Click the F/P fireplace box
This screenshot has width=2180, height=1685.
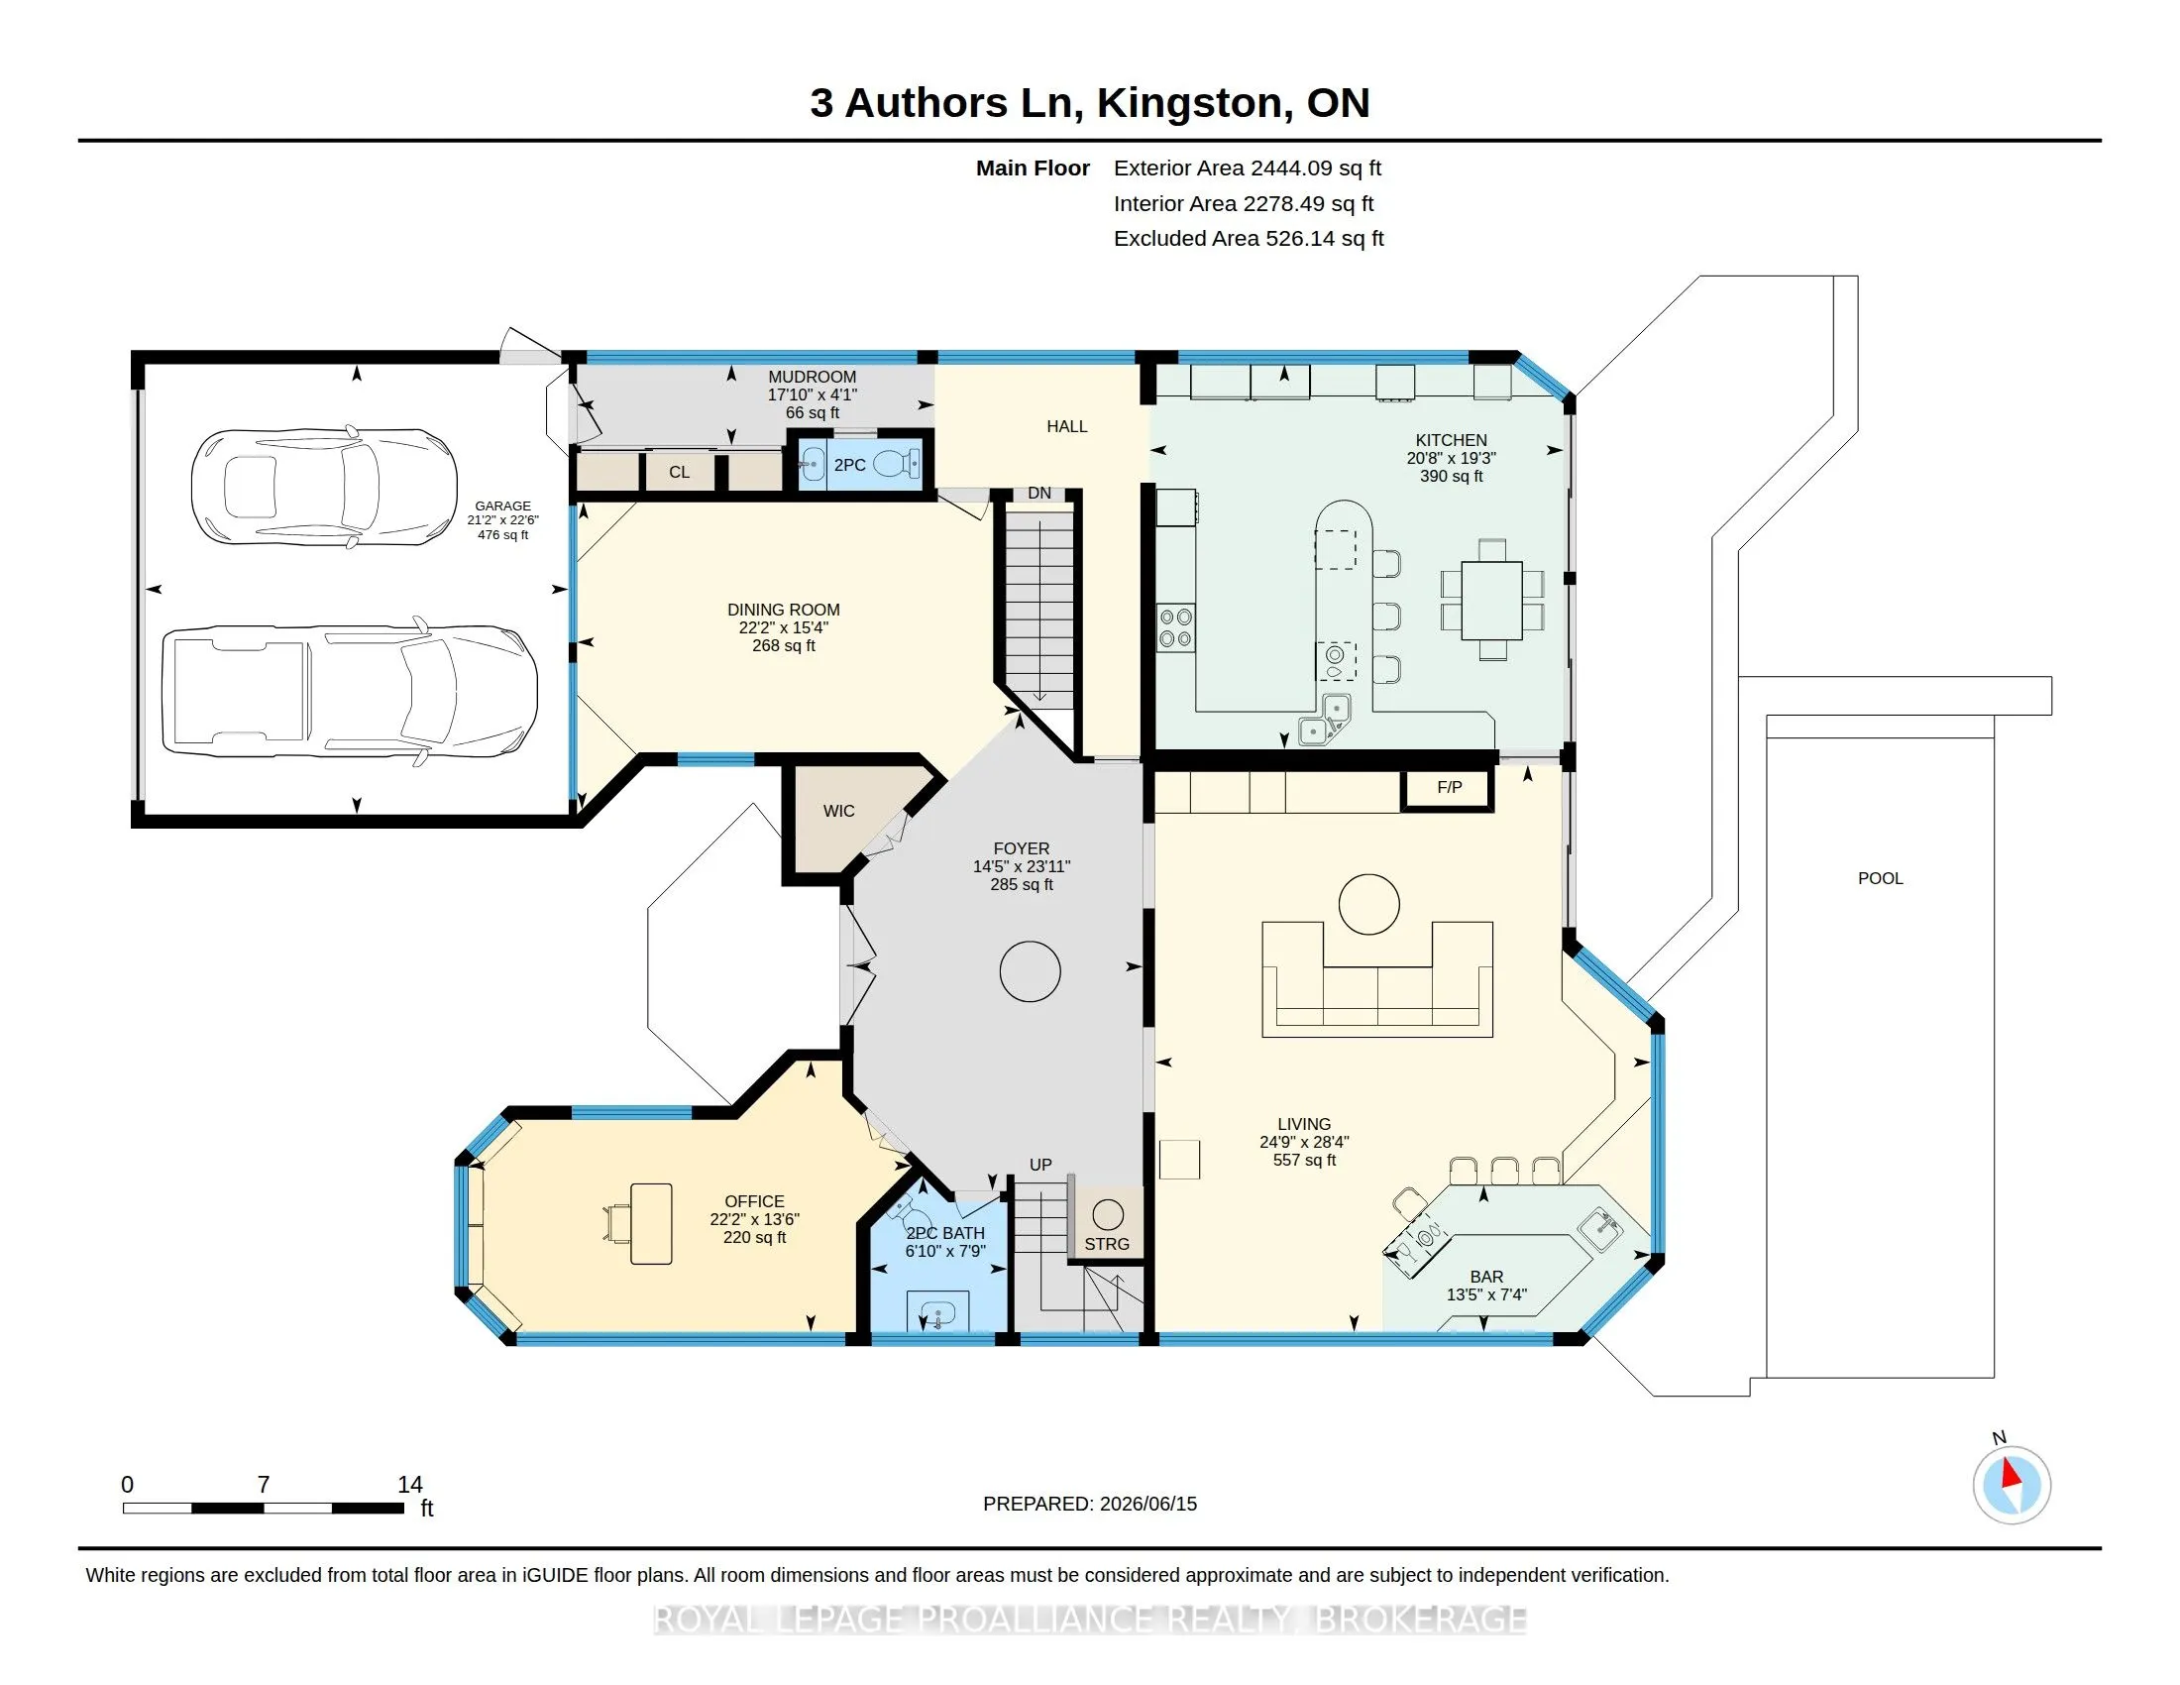[x=1449, y=789]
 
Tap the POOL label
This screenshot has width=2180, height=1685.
[x=1881, y=878]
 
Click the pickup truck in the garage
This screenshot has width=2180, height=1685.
[x=350, y=691]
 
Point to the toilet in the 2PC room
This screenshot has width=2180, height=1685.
[x=896, y=464]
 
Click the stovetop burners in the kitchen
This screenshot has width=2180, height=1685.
[x=1175, y=626]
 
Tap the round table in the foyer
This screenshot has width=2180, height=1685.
[x=1031, y=971]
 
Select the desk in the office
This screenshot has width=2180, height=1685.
[x=651, y=1223]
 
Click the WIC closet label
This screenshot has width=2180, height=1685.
[x=838, y=812]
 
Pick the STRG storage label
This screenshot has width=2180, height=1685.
[x=1107, y=1244]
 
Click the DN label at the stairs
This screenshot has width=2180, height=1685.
[x=1039, y=494]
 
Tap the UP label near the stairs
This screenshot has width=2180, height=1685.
[x=1040, y=1165]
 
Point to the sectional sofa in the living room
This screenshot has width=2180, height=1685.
[x=1377, y=979]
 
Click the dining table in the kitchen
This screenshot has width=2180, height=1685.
[x=1492, y=600]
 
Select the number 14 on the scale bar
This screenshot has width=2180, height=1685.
[x=410, y=1485]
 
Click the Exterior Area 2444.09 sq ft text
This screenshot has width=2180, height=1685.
[x=1248, y=168]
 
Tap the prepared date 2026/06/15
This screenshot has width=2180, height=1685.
[x=1147, y=1504]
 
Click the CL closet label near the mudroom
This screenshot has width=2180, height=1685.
[x=679, y=472]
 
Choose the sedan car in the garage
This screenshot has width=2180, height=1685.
[x=324, y=487]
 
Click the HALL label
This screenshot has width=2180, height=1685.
[x=1067, y=426]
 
